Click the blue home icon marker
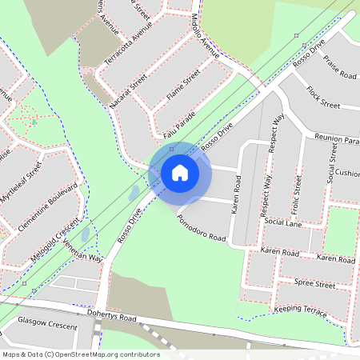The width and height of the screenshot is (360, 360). tap(180, 172)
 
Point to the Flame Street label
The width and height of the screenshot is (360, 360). tap(182, 90)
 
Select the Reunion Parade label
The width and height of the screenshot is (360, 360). tap(336, 138)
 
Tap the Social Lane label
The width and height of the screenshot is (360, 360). tap(282, 222)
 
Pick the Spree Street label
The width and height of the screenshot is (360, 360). tap(314, 283)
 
